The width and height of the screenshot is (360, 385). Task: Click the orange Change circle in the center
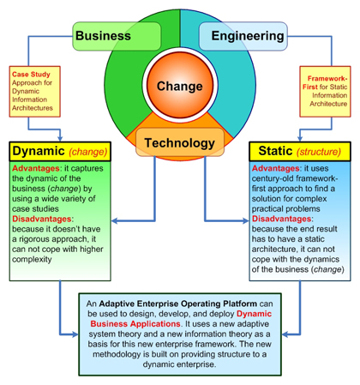tap(180, 85)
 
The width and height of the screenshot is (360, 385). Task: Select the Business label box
tap(117, 36)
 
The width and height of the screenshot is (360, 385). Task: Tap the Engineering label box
tap(243, 36)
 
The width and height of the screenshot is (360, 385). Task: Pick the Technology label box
tap(180, 142)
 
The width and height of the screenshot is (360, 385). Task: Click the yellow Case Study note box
tap(35, 92)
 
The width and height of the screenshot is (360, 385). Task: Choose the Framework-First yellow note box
tap(325, 92)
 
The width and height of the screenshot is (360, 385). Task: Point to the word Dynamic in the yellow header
tap(39, 151)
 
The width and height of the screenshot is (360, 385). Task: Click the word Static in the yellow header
tap(275, 151)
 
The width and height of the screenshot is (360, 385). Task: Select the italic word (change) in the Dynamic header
tap(88, 152)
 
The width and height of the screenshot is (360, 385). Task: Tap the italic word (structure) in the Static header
tap(319, 152)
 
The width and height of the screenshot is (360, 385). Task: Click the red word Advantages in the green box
tap(36, 168)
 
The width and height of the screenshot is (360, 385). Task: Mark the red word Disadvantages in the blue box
tap(281, 219)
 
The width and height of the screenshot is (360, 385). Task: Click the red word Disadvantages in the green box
tap(42, 219)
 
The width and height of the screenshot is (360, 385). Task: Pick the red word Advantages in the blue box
tap(276, 168)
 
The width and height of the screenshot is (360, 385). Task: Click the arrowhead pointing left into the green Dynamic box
tap(115, 220)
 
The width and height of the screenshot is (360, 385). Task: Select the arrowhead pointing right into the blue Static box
tap(245, 220)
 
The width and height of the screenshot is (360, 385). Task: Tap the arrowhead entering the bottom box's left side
tap(75, 334)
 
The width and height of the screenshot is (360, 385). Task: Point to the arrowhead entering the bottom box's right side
tap(285, 334)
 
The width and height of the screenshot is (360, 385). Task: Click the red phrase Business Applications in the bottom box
tap(135, 324)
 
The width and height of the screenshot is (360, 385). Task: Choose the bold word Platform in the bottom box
tap(240, 304)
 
